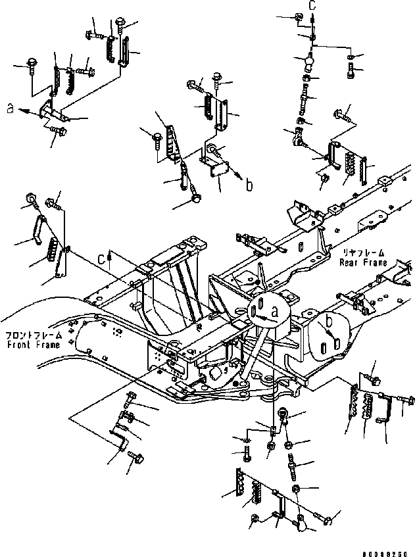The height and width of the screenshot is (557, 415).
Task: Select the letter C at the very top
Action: pyautogui.click(x=312, y=6)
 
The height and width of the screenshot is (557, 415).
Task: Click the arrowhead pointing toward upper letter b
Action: pyautogui.click(x=239, y=181)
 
